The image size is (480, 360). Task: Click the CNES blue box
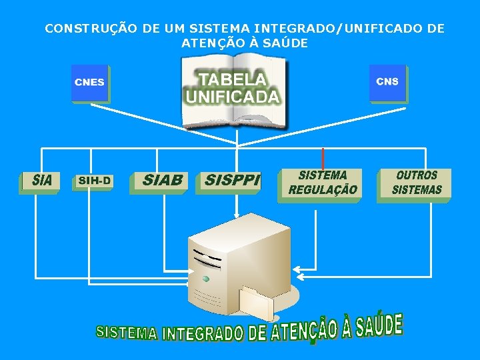[90, 83]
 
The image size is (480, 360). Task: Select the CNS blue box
[387, 83]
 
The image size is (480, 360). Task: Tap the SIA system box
[39, 181]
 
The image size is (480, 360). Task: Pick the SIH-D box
[94, 181]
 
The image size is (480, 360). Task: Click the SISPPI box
[229, 181]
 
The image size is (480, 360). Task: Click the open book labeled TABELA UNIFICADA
[235, 93]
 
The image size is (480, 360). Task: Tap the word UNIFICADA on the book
[233, 98]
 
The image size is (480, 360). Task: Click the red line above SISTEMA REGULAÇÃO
[323, 157]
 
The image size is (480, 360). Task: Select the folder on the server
[257, 303]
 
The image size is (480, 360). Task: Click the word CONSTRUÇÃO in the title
[83, 29]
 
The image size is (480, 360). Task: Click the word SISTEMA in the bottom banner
[127, 332]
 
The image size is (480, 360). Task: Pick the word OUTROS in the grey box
[417, 175]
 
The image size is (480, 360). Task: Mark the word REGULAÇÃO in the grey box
[323, 190]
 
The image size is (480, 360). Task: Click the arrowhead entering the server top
[236, 215]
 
